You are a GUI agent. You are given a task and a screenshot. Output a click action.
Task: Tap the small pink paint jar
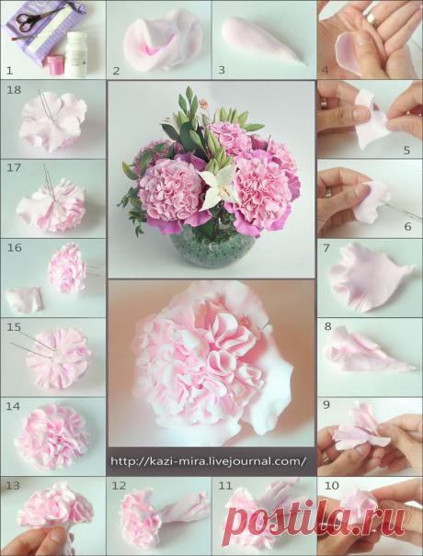click(x=55, y=65)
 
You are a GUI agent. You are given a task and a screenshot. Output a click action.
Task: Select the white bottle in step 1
click(x=76, y=54)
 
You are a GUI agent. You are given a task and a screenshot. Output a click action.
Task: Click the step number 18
click(x=14, y=90)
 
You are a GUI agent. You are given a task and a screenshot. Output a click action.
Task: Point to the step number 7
click(x=326, y=248)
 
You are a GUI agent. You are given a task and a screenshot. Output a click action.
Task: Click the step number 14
click(x=13, y=406)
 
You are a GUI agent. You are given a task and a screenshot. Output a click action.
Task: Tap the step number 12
click(x=119, y=485)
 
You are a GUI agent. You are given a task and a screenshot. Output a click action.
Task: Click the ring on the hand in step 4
click(x=372, y=18)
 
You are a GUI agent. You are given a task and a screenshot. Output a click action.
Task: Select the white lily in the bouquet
click(x=219, y=186)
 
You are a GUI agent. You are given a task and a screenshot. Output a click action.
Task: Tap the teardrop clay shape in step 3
click(x=262, y=40)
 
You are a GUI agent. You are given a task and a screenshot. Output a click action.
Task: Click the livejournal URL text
click(x=209, y=461)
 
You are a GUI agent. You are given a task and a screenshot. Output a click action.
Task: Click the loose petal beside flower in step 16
click(x=25, y=300)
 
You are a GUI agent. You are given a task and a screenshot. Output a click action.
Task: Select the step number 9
click(x=326, y=404)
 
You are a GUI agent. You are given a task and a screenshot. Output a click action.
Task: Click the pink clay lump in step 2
click(x=163, y=40)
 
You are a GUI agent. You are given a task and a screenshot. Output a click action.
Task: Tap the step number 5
click(x=406, y=150)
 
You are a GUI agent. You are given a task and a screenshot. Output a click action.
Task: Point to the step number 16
click(x=14, y=247)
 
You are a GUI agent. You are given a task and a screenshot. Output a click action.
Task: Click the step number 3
click(x=222, y=70)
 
